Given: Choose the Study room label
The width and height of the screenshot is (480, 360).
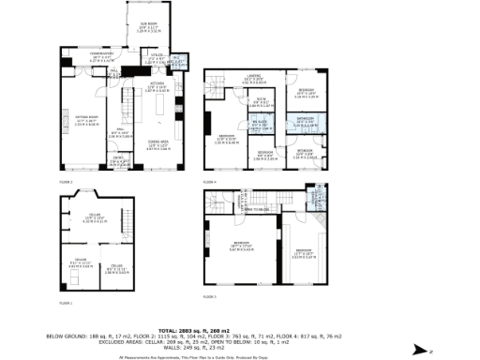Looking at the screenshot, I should click(x=264, y=103).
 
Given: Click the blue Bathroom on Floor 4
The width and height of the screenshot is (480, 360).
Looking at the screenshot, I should click(x=306, y=120).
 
